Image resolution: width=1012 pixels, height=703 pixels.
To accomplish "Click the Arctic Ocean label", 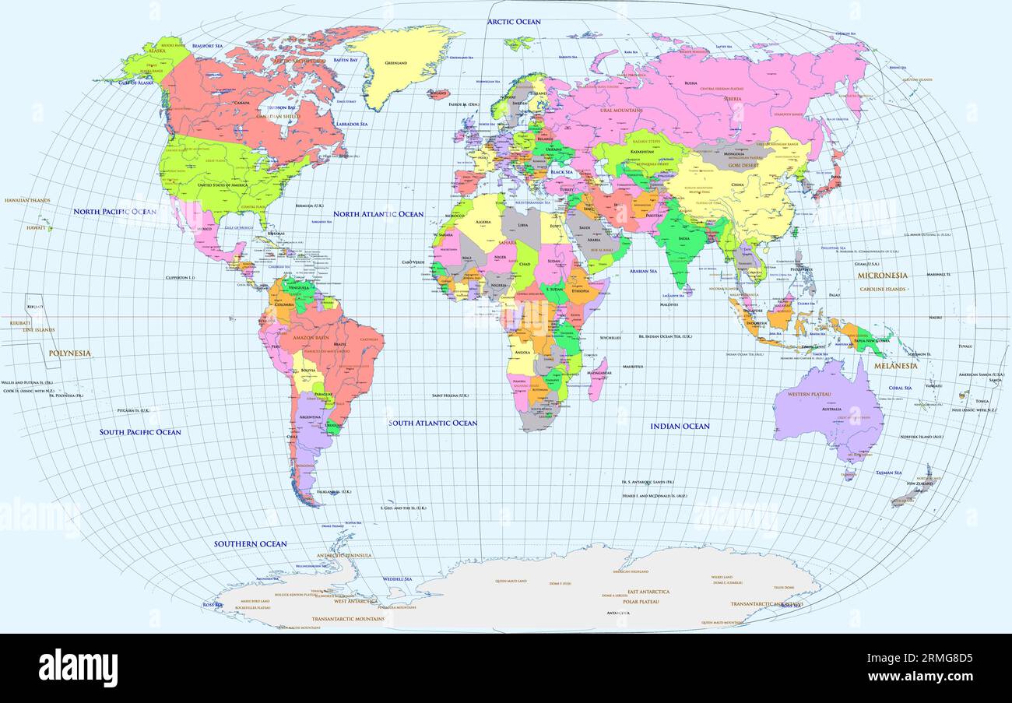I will click(x=514, y=22).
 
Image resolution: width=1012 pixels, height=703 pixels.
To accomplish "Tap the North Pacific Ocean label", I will click(x=114, y=212).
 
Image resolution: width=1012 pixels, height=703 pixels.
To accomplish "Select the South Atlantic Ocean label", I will click(x=433, y=424).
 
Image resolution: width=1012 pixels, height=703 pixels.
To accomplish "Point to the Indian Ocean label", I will click(x=680, y=427).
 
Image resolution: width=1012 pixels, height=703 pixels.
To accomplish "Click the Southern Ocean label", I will click(x=251, y=544).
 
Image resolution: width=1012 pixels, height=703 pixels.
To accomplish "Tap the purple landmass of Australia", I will click(x=829, y=413).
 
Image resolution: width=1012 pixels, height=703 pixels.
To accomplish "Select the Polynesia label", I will click(x=69, y=353).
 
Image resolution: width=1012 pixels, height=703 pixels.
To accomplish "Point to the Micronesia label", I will click(x=882, y=276).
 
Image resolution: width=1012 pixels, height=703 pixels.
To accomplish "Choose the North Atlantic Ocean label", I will click(x=378, y=214).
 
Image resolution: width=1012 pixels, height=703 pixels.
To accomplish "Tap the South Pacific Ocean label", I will click(x=140, y=432).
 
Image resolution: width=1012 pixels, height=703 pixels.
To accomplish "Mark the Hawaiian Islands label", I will click(x=27, y=201).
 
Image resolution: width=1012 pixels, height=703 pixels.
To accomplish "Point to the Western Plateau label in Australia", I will click(x=810, y=395).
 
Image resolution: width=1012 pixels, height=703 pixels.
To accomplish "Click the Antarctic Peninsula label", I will click(x=343, y=556).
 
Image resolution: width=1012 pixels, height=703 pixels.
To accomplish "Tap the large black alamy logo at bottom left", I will click(x=78, y=668).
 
